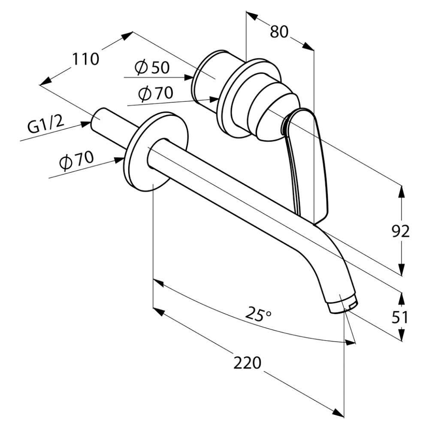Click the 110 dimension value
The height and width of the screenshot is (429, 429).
coord(85,59)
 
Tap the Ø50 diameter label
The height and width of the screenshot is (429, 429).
coord(152,67)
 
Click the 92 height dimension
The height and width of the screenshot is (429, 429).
coord(400,232)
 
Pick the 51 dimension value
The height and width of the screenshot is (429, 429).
coord(400,317)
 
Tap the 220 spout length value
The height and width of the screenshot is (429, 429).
coord(248,363)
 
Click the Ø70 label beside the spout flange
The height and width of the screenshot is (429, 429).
coord(76,161)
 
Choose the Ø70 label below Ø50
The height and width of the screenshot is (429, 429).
coord(156,93)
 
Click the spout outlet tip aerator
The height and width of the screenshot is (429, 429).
coord(342,305)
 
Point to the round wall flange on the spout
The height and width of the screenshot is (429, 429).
coord(156,151)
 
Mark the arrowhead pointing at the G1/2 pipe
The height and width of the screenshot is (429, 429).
coord(87,125)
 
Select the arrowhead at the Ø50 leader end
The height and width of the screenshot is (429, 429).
coord(189,77)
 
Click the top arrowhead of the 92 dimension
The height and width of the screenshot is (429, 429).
coord(402,191)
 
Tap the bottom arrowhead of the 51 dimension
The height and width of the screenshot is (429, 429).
coord(402,335)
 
